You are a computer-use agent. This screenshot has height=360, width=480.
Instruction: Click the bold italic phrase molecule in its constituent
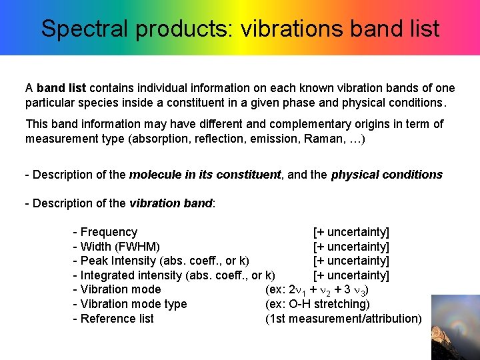pos(205,175)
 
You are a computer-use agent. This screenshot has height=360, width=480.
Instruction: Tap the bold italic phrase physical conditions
pos(387,175)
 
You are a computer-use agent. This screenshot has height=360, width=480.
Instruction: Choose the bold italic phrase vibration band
pos(170,203)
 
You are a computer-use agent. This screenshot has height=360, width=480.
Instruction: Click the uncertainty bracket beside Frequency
pos(351,232)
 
